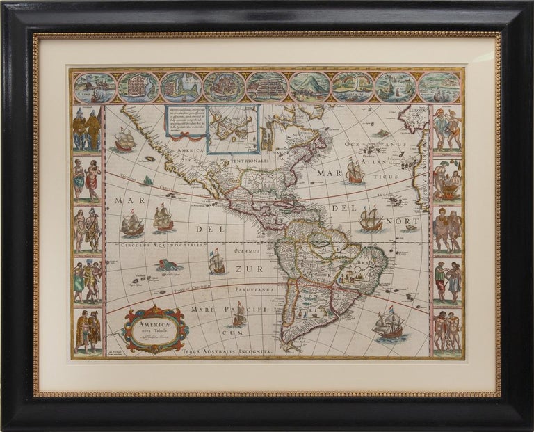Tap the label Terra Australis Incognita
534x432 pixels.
click(x=225, y=353)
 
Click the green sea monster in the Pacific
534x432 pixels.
click(x=167, y=265)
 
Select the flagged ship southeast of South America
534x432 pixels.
click(x=389, y=325)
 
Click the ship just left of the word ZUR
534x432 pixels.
click(x=217, y=262)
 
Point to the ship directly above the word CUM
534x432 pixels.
click(x=239, y=315)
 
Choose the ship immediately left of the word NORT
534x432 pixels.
click(x=370, y=219)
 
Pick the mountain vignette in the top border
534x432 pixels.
click(x=310, y=87)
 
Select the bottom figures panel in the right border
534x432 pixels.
click(x=447, y=331)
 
